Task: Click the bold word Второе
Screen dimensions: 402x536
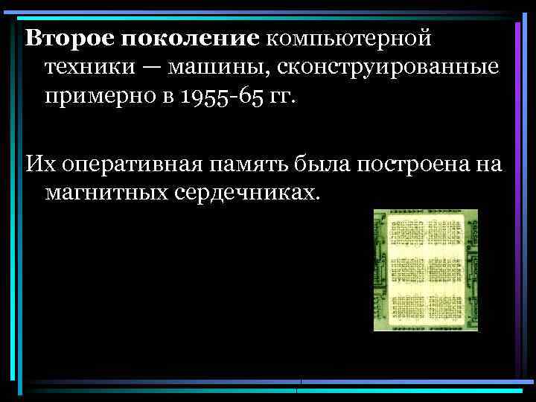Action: pos(61,36)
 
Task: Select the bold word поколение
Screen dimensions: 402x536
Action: pos(182,36)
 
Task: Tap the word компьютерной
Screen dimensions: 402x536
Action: pos(348,36)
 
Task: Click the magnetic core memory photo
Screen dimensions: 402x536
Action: pos(425,269)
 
